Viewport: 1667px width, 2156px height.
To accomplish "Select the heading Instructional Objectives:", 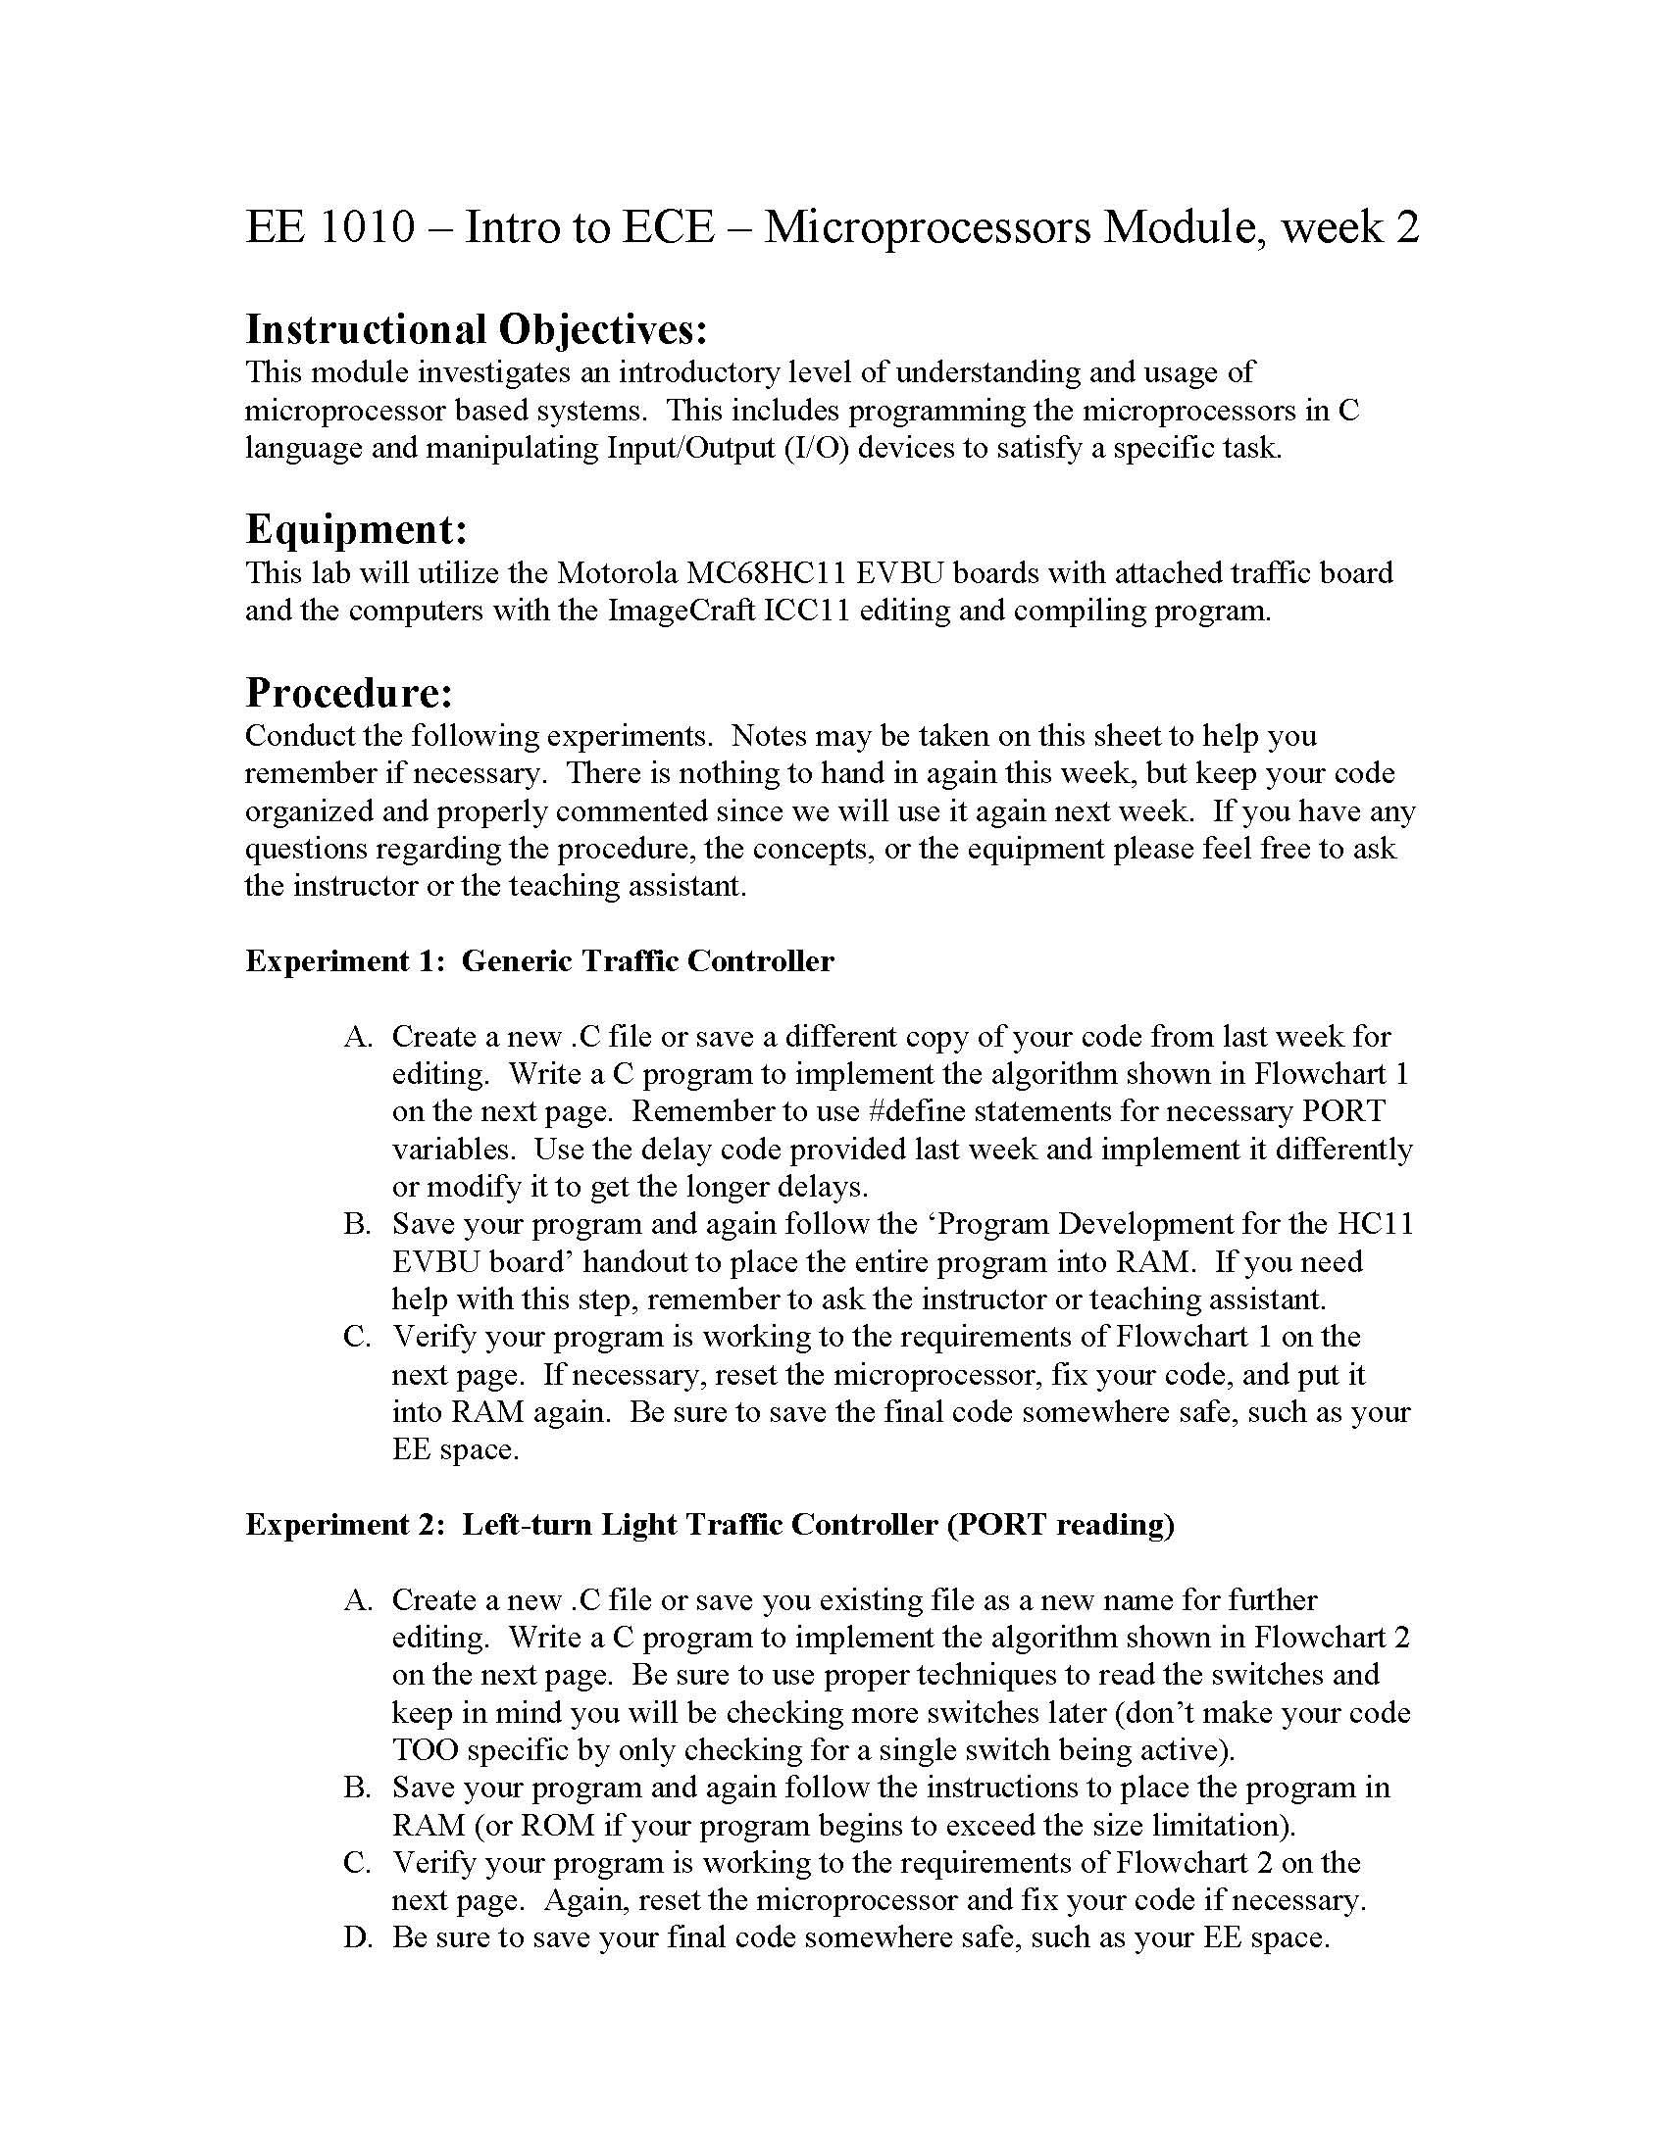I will click(x=476, y=329).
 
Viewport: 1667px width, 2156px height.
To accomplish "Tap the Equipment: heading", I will click(x=356, y=530).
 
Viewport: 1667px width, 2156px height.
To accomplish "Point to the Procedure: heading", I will click(x=349, y=693).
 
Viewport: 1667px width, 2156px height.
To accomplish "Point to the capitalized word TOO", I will click(x=425, y=1750).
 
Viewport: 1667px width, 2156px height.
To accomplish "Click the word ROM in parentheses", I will click(x=557, y=1826).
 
